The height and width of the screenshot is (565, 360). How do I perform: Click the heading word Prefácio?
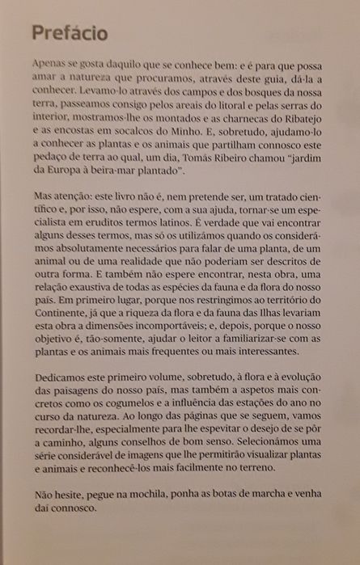coord(69,33)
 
